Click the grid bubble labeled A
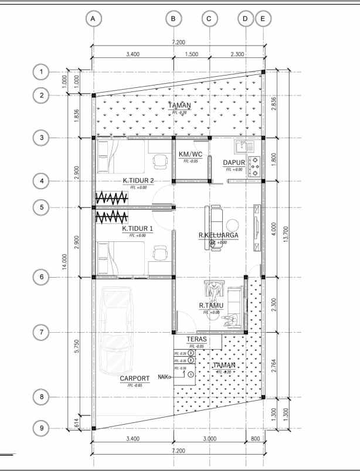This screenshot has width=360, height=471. [x=93, y=19]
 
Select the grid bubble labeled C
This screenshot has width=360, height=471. [x=209, y=19]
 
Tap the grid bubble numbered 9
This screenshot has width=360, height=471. [x=41, y=428]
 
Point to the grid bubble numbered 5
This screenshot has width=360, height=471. [x=41, y=207]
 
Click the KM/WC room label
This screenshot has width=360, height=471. [x=190, y=155]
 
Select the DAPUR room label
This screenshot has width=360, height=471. [x=233, y=163]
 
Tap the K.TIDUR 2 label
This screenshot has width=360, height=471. [x=138, y=181]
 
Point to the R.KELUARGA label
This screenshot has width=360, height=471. [x=218, y=235]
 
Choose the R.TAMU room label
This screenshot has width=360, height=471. [x=209, y=306]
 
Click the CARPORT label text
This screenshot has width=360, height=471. [x=135, y=378]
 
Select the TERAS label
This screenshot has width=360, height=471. [x=195, y=339]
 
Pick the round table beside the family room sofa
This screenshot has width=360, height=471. [x=233, y=225]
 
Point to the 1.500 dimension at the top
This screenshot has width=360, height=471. [x=191, y=54]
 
